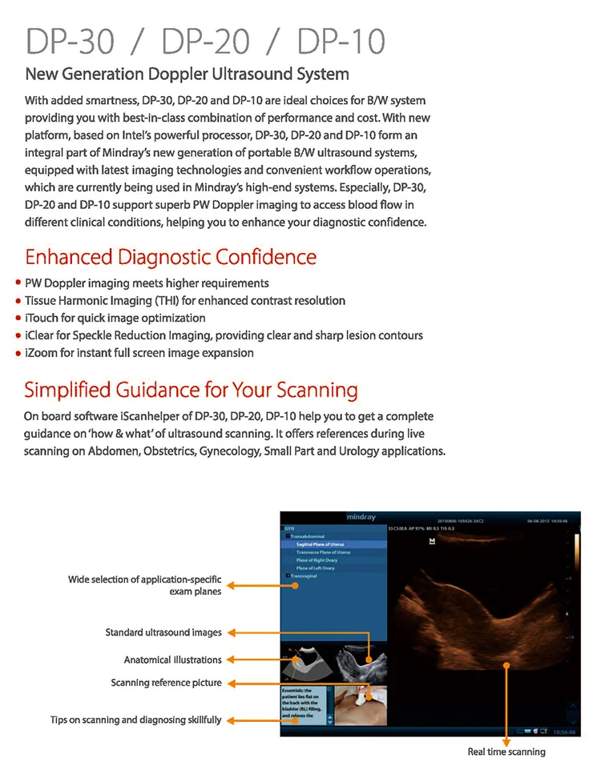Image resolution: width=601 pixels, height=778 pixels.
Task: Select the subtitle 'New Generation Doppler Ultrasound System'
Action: click(187, 74)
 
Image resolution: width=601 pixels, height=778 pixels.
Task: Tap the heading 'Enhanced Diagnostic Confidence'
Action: click(171, 257)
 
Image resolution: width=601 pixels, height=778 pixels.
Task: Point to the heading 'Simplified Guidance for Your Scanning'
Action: click(191, 391)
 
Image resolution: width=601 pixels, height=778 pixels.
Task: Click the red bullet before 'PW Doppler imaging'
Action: click(18, 283)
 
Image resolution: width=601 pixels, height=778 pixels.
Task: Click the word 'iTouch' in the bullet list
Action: click(42, 318)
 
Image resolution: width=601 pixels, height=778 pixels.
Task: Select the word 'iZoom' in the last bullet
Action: click(42, 353)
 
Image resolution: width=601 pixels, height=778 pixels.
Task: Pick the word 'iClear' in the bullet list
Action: click(42, 335)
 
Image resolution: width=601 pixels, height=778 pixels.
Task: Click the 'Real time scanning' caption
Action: click(506, 752)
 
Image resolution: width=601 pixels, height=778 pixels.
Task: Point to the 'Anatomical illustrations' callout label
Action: click(172, 660)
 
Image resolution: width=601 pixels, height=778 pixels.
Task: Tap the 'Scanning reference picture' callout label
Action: click(166, 683)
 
